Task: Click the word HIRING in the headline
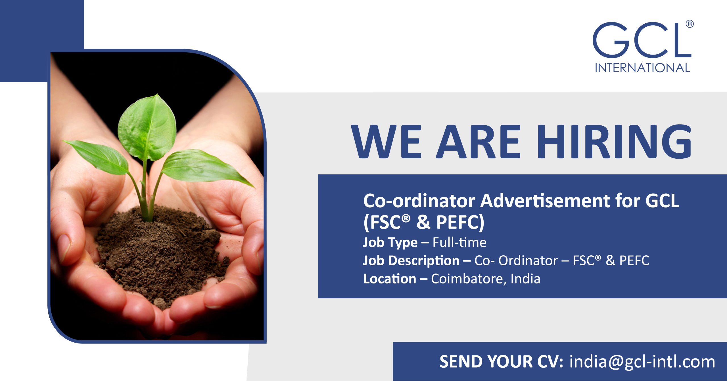(614, 142)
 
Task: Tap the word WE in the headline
(386, 142)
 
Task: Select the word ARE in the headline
(479, 142)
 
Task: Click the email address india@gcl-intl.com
(642, 362)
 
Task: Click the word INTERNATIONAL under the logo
(642, 68)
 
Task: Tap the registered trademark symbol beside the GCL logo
(690, 24)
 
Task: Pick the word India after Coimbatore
(525, 279)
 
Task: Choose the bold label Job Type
(390, 243)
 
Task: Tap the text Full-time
(459, 243)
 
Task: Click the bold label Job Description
(411, 261)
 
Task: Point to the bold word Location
(390, 279)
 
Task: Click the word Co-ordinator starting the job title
(419, 201)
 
